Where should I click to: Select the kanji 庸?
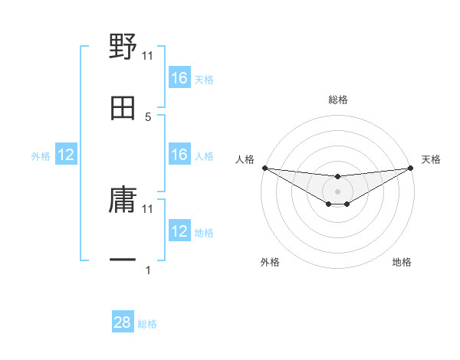point(123,200)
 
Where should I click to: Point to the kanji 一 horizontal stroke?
point(123,261)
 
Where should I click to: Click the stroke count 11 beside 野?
point(148,55)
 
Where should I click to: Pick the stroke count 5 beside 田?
point(148,116)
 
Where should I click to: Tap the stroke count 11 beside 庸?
point(148,208)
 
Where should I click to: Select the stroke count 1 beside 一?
point(148,270)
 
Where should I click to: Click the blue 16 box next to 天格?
point(179,78)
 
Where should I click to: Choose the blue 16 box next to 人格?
point(179,155)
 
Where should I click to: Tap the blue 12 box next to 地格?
point(179,231)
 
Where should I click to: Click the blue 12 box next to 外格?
point(66,155)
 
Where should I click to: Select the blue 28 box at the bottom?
point(123,322)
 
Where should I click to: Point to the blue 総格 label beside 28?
point(147,324)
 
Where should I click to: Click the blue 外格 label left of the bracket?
point(41,156)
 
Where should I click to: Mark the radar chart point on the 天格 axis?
point(410,168)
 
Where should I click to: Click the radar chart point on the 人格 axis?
point(264,168)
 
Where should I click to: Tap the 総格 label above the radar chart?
point(337,100)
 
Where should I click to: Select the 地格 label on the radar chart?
point(402,262)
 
